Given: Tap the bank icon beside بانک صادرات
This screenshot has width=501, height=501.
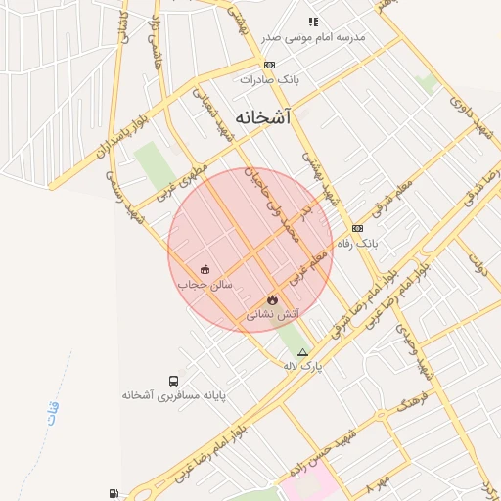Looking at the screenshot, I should [256, 65].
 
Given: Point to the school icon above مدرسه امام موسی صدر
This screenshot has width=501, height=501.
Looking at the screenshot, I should [313, 22].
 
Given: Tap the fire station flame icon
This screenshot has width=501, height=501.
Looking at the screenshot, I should [272, 299].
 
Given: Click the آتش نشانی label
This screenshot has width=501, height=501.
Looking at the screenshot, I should [273, 315].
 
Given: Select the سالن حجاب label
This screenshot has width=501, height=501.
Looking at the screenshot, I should [203, 284].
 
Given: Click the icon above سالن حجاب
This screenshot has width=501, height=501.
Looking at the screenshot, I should [204, 269].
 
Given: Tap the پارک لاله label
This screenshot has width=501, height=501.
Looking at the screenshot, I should [302, 366].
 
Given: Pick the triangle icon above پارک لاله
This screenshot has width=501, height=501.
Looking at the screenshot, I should [302, 352].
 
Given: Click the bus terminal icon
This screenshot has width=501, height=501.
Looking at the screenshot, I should [173, 381].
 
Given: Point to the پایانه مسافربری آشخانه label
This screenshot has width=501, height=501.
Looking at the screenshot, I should [174, 395].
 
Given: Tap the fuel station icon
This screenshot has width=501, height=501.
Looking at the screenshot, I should [115, 493].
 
